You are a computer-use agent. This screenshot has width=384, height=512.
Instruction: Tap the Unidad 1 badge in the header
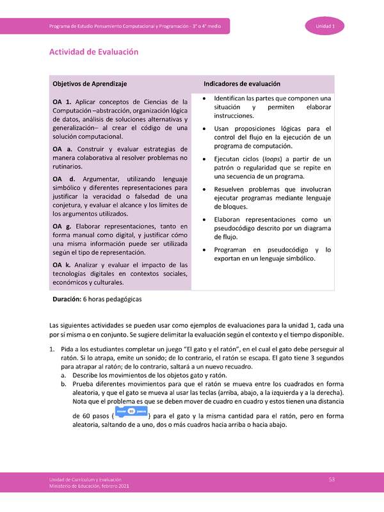[x=329, y=26]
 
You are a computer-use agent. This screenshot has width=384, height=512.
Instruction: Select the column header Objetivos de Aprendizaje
[x=90, y=84]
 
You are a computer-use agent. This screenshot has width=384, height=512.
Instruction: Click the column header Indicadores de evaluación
[x=242, y=84]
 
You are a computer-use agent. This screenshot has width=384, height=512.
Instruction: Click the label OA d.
[x=61, y=179]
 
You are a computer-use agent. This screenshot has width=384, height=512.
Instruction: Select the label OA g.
[x=61, y=227]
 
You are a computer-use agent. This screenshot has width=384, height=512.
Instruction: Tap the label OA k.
[x=61, y=265]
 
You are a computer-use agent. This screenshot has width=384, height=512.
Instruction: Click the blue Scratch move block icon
[x=130, y=412]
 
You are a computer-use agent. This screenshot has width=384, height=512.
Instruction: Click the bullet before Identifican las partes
[x=203, y=99]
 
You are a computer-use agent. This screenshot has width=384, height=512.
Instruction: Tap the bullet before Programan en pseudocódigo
[x=203, y=250]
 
